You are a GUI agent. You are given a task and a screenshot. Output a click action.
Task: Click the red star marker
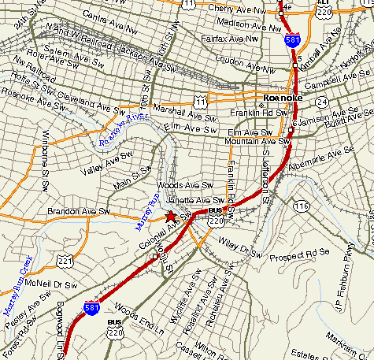(x=170, y=216)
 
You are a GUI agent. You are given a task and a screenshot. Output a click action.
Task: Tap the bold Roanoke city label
(x=278, y=98)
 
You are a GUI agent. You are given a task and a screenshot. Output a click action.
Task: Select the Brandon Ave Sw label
(x=76, y=212)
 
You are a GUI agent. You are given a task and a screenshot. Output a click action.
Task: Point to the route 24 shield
(x=321, y=102)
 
